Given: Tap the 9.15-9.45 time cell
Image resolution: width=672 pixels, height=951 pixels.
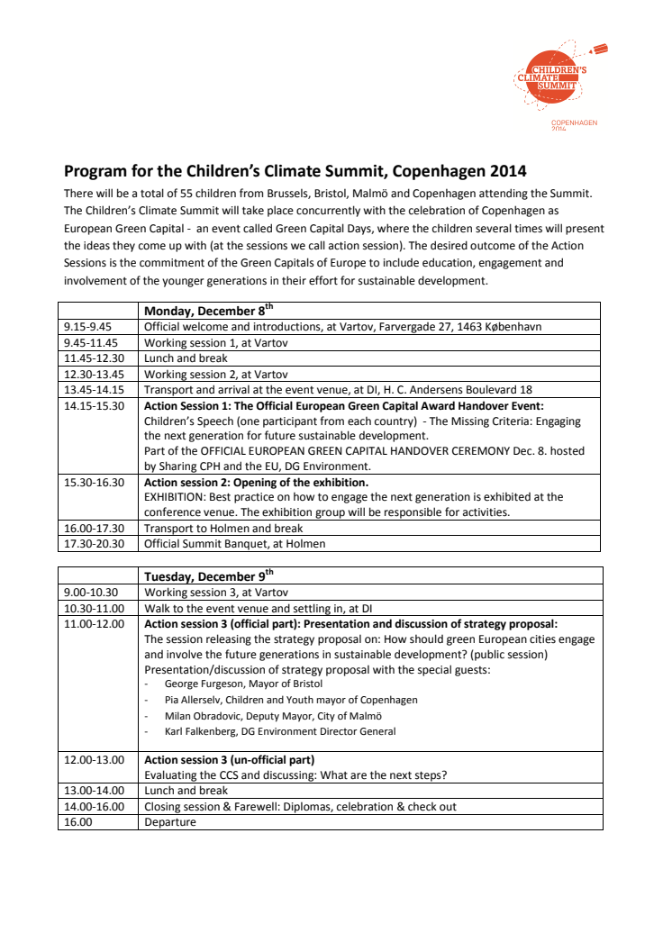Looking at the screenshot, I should (87, 327).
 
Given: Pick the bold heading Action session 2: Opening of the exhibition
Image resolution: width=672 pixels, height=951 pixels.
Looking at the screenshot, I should (256, 483).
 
